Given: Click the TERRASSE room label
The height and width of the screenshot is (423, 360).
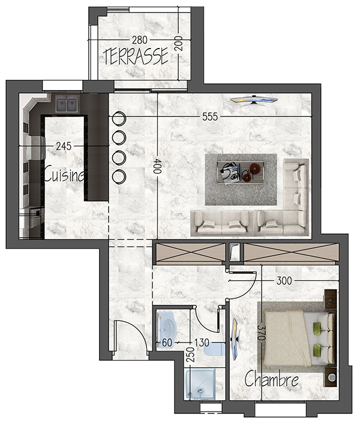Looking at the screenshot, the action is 136,56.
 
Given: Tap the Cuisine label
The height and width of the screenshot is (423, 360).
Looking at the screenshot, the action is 64,175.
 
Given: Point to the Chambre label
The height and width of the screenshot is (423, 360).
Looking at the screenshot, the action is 271,379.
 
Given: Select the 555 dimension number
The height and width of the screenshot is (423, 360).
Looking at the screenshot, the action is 210,116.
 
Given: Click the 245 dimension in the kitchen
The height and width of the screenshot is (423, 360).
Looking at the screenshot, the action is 64,146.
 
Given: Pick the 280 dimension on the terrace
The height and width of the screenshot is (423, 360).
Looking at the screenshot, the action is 140,40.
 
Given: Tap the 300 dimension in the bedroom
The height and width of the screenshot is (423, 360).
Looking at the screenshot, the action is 284,281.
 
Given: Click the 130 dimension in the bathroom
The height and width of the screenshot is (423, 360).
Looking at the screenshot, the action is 202,343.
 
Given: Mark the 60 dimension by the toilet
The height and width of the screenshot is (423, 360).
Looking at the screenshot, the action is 167,343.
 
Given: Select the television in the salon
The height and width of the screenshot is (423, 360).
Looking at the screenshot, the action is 254,100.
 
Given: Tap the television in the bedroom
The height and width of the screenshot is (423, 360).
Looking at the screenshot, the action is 236,339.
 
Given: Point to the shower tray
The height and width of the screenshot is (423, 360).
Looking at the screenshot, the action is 200,384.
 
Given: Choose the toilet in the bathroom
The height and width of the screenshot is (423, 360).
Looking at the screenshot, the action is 167,330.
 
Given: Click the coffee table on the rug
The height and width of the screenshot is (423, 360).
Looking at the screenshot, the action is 241,173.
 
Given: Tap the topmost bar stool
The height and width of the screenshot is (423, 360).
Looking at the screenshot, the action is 119,118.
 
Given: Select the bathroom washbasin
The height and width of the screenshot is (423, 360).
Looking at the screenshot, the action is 214,350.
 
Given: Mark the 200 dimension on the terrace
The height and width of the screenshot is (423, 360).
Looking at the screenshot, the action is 178,43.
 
